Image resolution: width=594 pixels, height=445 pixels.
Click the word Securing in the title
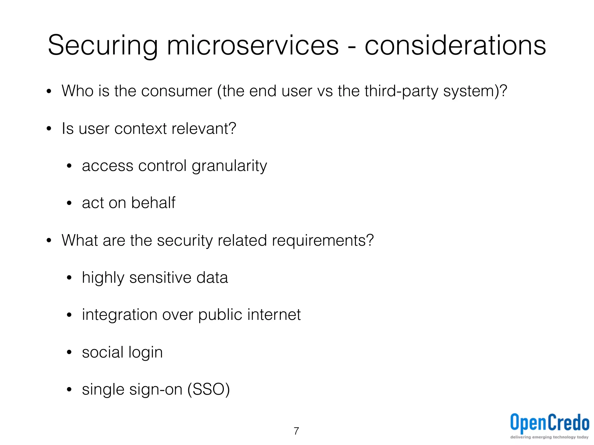pos(103,46)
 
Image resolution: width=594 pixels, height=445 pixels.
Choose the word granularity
pos(229,166)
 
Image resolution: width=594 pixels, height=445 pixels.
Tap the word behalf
pos(153,203)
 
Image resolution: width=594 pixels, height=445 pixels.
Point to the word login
pos(145,353)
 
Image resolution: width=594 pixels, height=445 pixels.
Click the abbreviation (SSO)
pos(209,389)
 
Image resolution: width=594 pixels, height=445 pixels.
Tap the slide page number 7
pos(296,431)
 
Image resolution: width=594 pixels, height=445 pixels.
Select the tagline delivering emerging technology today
pos(549,437)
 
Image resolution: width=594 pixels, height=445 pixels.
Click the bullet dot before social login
pos(69,353)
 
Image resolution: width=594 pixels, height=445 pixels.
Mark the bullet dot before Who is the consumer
pos(49,92)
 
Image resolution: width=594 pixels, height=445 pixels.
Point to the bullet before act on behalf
pos(69,203)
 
